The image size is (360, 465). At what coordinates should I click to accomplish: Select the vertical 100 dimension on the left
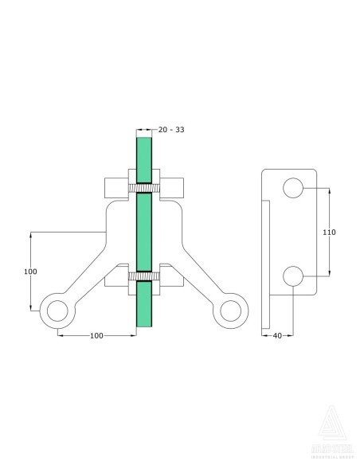point(30,272)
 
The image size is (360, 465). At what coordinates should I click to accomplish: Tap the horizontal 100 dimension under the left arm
point(96,336)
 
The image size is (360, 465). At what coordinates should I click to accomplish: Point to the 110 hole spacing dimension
point(329,232)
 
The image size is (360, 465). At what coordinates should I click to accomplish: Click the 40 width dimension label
point(277,336)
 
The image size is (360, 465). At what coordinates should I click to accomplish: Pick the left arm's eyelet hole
point(57,311)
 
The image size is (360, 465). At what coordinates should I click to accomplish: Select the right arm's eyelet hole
point(231,311)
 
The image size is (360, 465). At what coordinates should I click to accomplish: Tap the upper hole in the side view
point(292,188)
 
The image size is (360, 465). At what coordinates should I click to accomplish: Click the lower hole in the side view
point(292,275)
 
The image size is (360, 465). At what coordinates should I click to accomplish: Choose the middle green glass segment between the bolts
point(143,231)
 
